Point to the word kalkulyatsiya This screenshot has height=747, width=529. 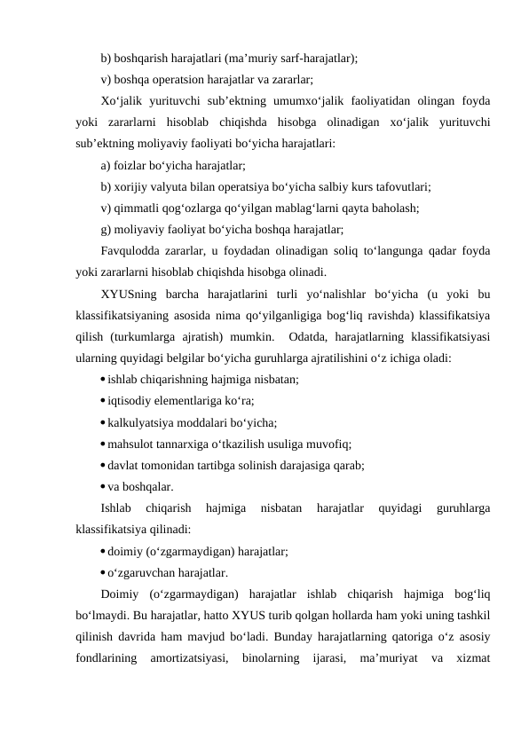(144, 422)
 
